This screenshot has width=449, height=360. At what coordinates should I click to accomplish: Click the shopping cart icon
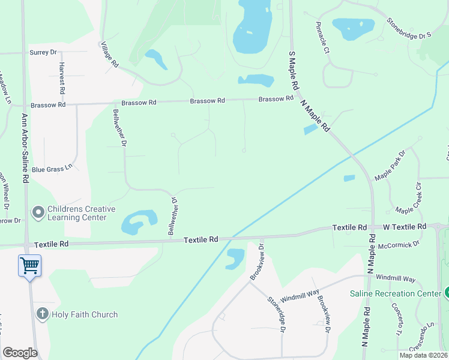29,265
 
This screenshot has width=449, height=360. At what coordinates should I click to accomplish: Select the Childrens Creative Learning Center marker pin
38,212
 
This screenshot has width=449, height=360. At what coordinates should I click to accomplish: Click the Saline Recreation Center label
396,293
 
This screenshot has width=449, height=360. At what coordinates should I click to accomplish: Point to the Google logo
20,353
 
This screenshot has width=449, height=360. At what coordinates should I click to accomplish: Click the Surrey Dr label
43,53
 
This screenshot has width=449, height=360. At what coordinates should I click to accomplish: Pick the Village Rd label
110,55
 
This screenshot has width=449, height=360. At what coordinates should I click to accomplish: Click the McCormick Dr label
399,244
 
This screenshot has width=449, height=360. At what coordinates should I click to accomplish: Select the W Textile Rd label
405,227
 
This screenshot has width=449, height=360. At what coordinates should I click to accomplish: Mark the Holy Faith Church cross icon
42,314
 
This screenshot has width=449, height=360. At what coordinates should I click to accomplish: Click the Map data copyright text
423,355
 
